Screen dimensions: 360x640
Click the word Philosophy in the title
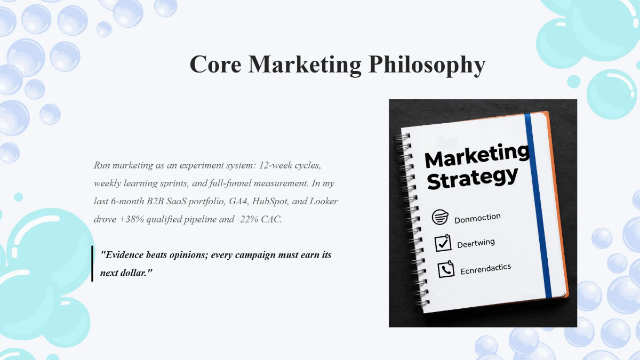(427, 65)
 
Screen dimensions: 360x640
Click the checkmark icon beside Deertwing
(443, 243)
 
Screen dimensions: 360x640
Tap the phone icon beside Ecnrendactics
(446, 269)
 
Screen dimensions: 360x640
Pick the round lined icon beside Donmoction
(440, 217)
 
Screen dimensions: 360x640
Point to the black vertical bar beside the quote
(92, 263)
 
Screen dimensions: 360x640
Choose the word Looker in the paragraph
(324, 201)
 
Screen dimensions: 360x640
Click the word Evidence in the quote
(126, 255)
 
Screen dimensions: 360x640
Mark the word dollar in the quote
(132, 272)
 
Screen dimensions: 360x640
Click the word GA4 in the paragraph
(235, 201)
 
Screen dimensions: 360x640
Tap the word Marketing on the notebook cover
(476, 156)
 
